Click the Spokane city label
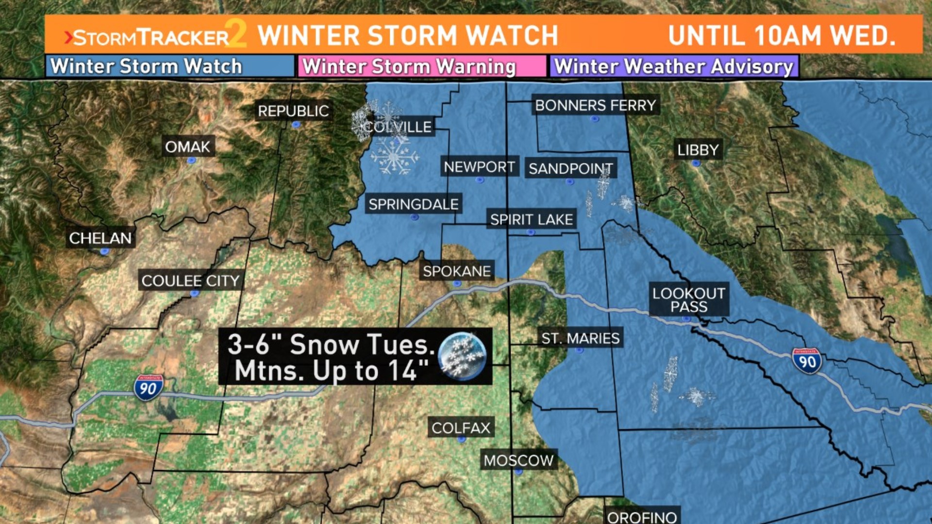(x=456, y=271)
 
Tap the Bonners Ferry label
(x=595, y=105)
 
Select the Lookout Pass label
(x=689, y=300)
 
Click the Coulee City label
(x=190, y=280)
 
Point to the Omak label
(x=187, y=147)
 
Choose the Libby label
(x=698, y=150)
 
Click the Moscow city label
(x=518, y=460)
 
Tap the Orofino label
(x=642, y=517)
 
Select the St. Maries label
(x=581, y=338)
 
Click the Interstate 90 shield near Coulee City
(x=148, y=388)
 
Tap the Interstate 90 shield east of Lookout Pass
(x=806, y=361)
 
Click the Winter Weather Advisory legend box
(x=674, y=66)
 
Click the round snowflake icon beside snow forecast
(x=461, y=357)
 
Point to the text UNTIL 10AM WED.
(x=782, y=35)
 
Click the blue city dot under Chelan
(x=104, y=251)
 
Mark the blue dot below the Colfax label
(x=461, y=440)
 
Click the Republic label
(x=293, y=111)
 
